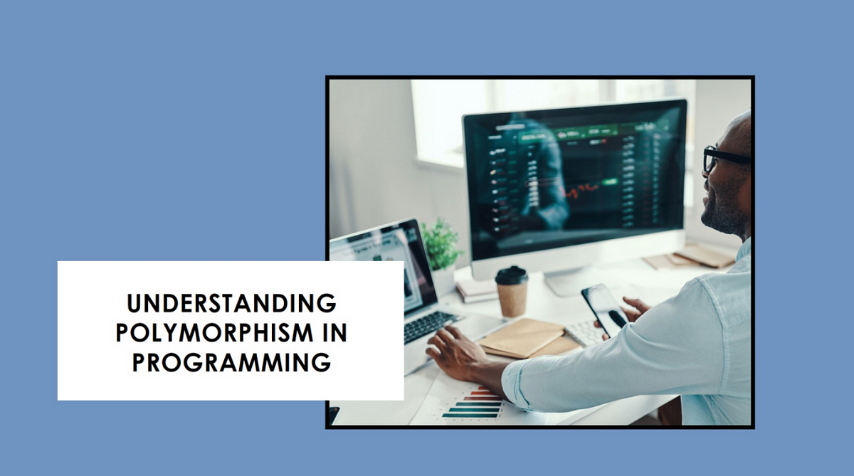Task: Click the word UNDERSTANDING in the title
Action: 231,303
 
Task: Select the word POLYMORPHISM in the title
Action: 215,333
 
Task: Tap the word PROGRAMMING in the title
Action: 231,362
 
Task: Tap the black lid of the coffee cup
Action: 512,275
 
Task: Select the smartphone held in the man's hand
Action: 604,310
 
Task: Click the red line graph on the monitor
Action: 582,190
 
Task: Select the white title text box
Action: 231,330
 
